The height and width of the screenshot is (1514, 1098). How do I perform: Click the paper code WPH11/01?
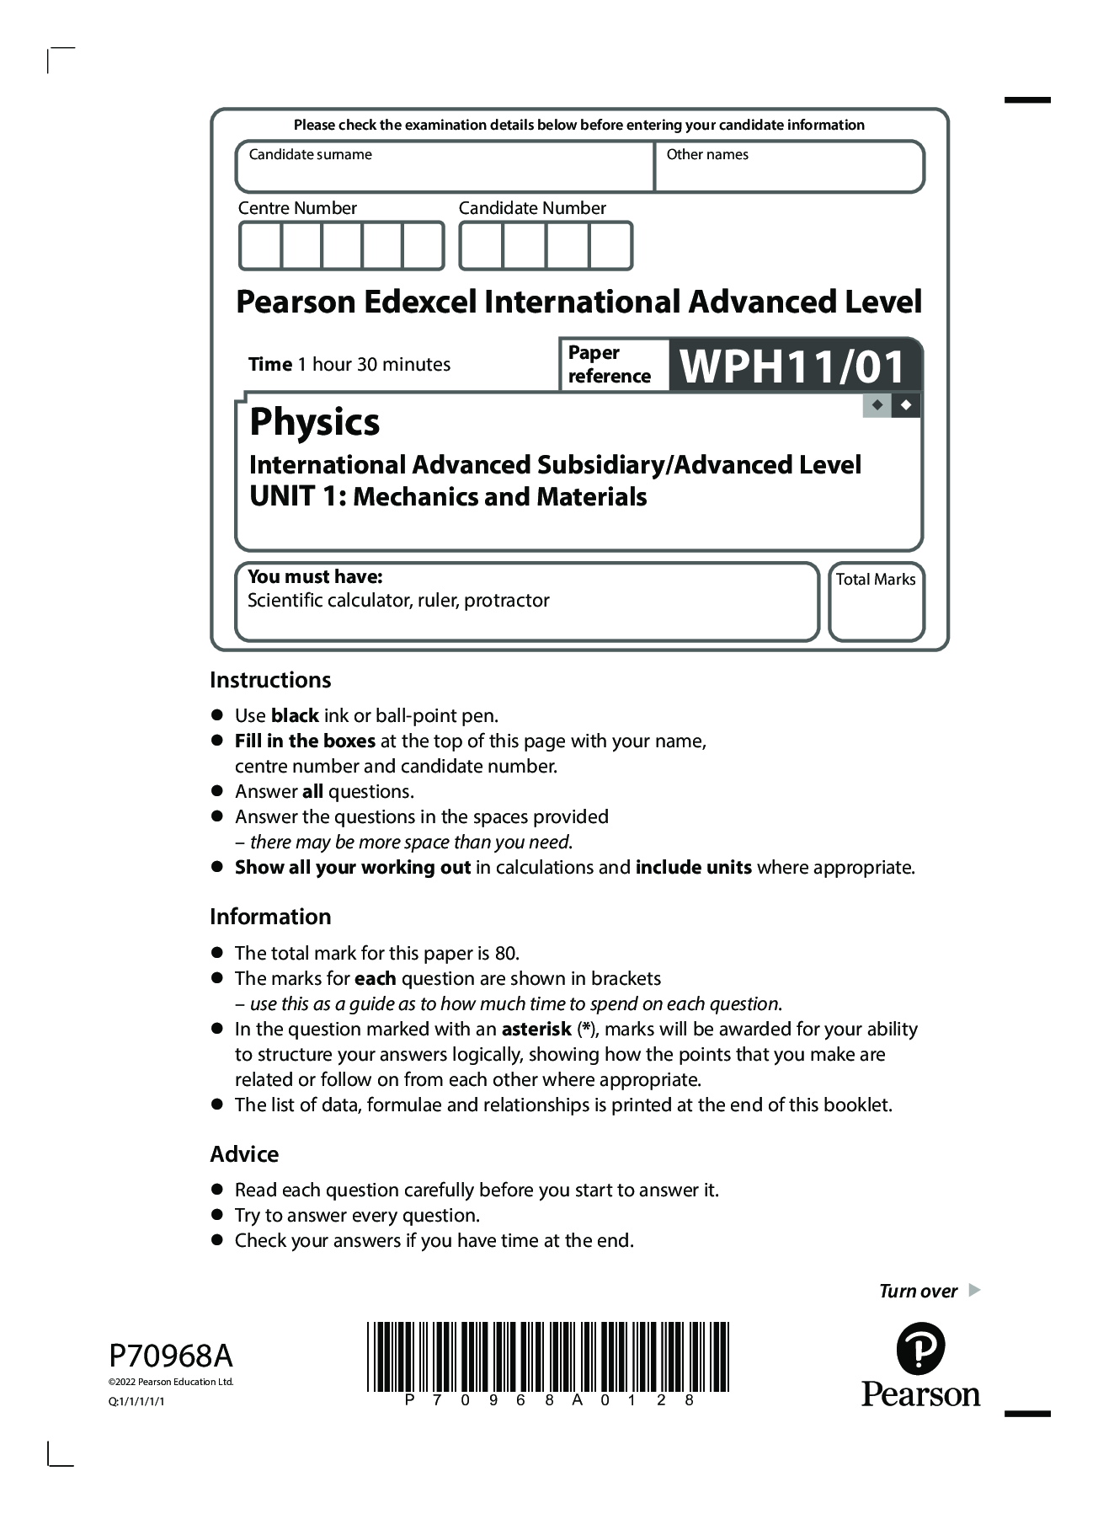[x=792, y=366]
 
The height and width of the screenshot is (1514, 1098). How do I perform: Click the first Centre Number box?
[x=260, y=246]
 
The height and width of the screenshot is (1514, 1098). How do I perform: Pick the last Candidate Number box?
[x=610, y=246]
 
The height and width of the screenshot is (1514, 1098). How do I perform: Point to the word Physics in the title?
[x=314, y=421]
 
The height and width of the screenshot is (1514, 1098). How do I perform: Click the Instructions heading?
[x=270, y=680]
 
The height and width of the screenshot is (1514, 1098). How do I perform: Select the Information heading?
[x=270, y=917]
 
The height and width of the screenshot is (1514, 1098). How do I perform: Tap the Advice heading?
[x=244, y=1154]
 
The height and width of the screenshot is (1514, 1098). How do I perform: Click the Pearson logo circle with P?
[x=920, y=1348]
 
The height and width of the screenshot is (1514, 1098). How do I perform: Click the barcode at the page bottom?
[x=547, y=1356]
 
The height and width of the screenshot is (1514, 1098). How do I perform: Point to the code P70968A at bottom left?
[x=171, y=1356]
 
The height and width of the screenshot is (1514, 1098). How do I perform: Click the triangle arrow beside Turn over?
[x=974, y=1290]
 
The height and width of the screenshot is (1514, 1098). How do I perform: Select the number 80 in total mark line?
[x=505, y=953]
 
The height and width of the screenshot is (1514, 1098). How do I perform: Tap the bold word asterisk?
[x=536, y=1029]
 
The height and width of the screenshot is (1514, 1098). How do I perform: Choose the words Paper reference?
[x=609, y=364]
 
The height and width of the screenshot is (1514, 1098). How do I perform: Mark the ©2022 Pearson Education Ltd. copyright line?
[x=171, y=1382]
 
